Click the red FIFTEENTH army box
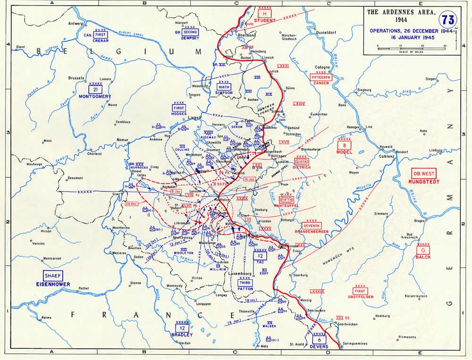click(x=322, y=77)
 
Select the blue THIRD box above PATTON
click(x=245, y=282)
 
